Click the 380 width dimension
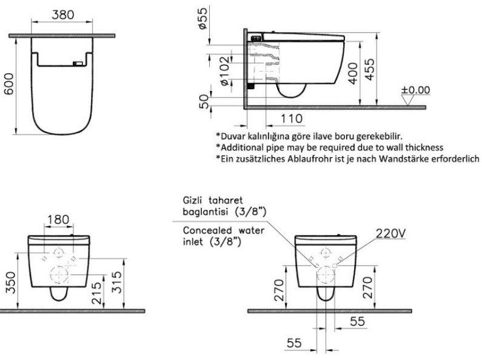[x=62, y=15]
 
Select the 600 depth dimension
[x=9, y=84]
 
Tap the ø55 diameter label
[x=203, y=18]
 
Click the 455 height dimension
[x=370, y=69]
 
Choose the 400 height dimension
[x=353, y=73]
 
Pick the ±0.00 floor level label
[x=415, y=90]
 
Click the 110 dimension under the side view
[x=292, y=119]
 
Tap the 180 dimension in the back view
[x=58, y=219]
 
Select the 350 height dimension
[x=10, y=282]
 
